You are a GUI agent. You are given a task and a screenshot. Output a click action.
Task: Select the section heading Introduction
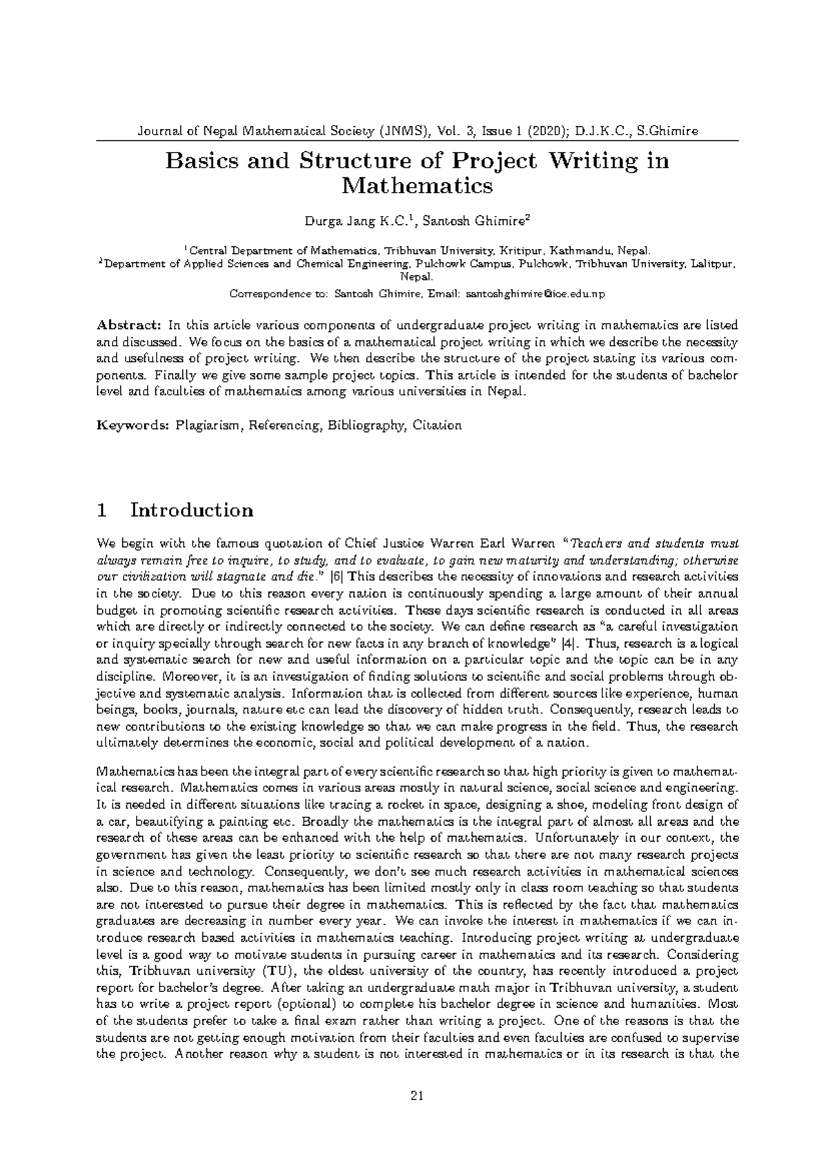click(192, 510)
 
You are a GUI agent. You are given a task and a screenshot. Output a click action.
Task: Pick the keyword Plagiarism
click(207, 426)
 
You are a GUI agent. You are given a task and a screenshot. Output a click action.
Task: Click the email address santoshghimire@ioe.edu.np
click(536, 295)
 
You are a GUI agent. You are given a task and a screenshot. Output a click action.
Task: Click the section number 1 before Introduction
click(102, 510)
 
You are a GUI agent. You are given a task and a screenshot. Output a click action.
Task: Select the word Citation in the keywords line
click(437, 426)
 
